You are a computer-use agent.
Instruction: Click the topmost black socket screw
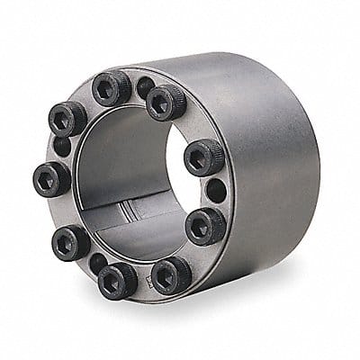pyautogui.click(x=112, y=88)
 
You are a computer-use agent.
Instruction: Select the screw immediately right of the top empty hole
pyautogui.click(x=166, y=102)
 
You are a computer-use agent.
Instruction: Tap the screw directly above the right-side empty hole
pyautogui.click(x=203, y=157)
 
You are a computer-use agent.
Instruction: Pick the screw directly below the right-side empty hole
pyautogui.click(x=205, y=225)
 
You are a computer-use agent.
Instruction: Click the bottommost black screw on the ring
pyautogui.click(x=117, y=280)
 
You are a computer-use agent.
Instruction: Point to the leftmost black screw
pyautogui.click(x=51, y=178)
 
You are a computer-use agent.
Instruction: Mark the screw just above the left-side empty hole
pyautogui.click(x=68, y=119)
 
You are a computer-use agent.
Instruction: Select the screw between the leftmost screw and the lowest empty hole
pyautogui.click(x=70, y=242)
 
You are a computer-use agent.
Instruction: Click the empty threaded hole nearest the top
pyautogui.click(x=144, y=87)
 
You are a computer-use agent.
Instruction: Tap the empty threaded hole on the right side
pyautogui.click(x=216, y=191)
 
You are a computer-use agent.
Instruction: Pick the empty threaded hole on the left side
pyautogui.click(x=60, y=146)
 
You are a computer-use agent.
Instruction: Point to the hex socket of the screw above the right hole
pyautogui.click(x=202, y=157)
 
